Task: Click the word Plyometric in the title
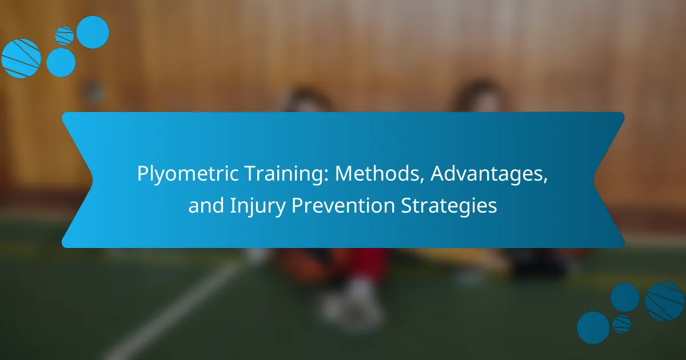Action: point(188,174)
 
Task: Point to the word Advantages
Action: point(489,174)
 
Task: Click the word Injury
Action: point(257,206)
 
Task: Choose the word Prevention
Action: point(343,205)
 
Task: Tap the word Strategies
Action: point(449,206)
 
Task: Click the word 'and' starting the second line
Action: point(206,205)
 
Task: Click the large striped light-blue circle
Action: point(21,58)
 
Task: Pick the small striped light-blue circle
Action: point(64,36)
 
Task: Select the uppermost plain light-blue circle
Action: point(93,32)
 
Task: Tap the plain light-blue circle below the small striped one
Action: point(61,62)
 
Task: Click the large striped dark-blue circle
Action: point(664,302)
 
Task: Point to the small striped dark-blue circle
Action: point(622,324)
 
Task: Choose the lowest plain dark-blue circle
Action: point(593,327)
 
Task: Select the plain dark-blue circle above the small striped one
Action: point(625,298)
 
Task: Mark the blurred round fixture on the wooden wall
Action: point(93,91)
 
